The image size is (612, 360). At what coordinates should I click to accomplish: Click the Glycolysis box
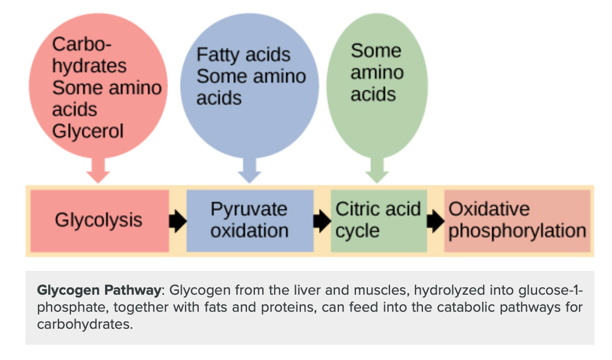click(99, 220)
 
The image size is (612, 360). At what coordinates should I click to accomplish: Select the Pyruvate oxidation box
click(250, 220)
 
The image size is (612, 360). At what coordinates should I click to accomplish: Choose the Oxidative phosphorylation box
click(517, 220)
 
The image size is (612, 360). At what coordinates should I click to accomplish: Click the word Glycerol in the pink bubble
click(87, 131)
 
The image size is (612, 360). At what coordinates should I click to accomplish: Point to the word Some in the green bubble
click(376, 51)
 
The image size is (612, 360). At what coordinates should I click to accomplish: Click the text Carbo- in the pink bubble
click(82, 44)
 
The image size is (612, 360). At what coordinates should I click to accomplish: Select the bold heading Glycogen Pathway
click(99, 291)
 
